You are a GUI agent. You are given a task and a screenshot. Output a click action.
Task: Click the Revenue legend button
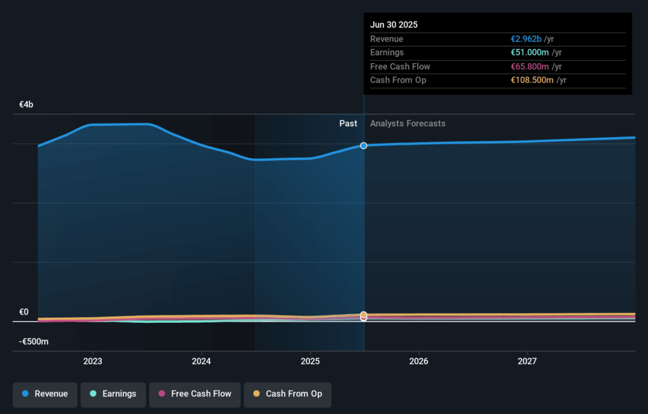pos(45,394)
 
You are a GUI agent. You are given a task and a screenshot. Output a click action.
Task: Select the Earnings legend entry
pos(113,394)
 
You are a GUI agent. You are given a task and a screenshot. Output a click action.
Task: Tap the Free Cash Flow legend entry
pos(195,394)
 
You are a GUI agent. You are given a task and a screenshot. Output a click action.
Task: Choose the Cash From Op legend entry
pos(287,394)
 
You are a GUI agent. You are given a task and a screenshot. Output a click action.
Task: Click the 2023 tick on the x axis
pos(93,361)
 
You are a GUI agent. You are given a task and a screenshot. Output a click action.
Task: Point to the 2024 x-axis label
pos(201,361)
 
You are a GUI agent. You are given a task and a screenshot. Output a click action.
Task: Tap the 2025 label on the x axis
pos(310,361)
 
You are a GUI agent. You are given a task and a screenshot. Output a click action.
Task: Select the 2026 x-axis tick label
pos(419,361)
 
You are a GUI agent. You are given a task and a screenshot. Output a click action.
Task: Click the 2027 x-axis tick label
pos(527,361)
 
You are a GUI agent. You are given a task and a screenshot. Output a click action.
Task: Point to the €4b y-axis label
pos(26,104)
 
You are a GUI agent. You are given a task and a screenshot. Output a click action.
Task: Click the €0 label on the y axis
pos(24,312)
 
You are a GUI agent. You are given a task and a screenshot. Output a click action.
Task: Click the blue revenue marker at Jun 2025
pos(364,146)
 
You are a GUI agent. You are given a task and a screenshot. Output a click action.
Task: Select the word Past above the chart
pos(348,124)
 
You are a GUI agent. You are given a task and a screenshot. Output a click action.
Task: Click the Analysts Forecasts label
pos(408,124)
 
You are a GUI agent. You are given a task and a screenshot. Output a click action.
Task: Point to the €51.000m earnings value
pos(530,53)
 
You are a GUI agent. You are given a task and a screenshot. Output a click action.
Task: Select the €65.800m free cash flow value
pos(530,66)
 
